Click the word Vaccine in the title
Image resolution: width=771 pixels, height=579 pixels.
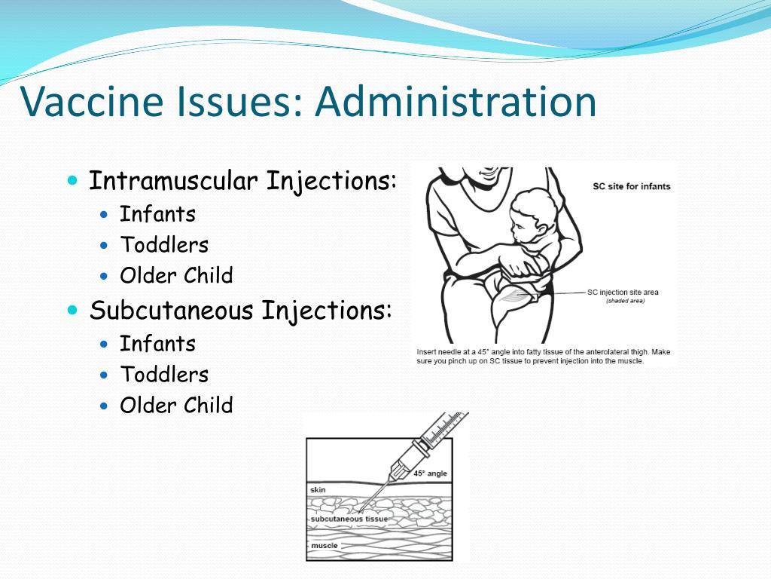(92, 102)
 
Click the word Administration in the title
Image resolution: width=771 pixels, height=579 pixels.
(456, 101)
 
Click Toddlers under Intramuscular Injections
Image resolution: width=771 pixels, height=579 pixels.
(164, 245)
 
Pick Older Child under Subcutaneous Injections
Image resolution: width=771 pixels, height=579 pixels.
(176, 405)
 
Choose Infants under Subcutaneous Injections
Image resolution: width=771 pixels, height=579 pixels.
(158, 344)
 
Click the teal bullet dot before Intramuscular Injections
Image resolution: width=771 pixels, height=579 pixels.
(73, 179)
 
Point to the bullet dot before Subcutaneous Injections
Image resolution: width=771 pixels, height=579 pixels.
(73, 310)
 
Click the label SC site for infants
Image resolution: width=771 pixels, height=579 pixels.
(632, 186)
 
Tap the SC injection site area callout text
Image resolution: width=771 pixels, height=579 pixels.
(623, 292)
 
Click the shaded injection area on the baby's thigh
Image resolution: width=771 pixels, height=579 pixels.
(513, 296)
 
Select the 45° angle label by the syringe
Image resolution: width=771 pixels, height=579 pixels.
(430, 473)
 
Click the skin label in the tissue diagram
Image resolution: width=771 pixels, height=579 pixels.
(318, 489)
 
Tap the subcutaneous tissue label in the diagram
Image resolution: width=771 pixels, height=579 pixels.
(349, 519)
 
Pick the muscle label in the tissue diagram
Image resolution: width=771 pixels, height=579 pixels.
(325, 546)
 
